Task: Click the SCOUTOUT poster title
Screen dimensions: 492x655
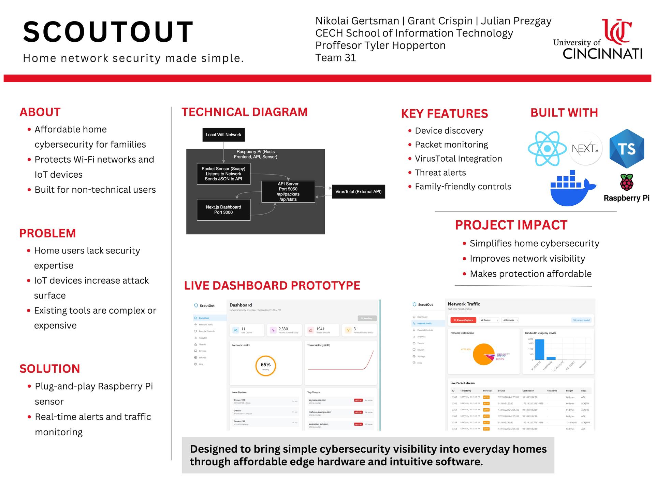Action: click(108, 32)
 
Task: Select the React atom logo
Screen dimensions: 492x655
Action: click(547, 149)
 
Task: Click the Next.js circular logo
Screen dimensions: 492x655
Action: click(585, 149)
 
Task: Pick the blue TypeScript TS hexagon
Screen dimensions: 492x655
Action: click(627, 149)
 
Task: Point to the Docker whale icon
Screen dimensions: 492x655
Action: click(571, 188)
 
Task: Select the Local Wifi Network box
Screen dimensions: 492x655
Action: click(223, 135)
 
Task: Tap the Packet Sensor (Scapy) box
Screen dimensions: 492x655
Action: click(223, 174)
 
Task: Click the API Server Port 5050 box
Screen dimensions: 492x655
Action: click(288, 191)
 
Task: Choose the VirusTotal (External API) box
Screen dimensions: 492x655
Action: click(358, 192)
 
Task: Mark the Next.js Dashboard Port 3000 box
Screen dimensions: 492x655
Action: click(223, 210)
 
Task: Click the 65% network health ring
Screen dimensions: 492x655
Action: click(265, 366)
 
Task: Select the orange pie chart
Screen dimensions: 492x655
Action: click(483, 354)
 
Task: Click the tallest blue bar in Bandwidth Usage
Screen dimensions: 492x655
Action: click(540, 349)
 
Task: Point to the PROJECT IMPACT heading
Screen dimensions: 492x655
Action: click(511, 225)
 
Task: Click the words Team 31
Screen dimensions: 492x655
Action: click(335, 58)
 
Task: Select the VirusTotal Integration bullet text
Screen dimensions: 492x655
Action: click(458, 159)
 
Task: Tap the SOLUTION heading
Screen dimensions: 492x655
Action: click(50, 369)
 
